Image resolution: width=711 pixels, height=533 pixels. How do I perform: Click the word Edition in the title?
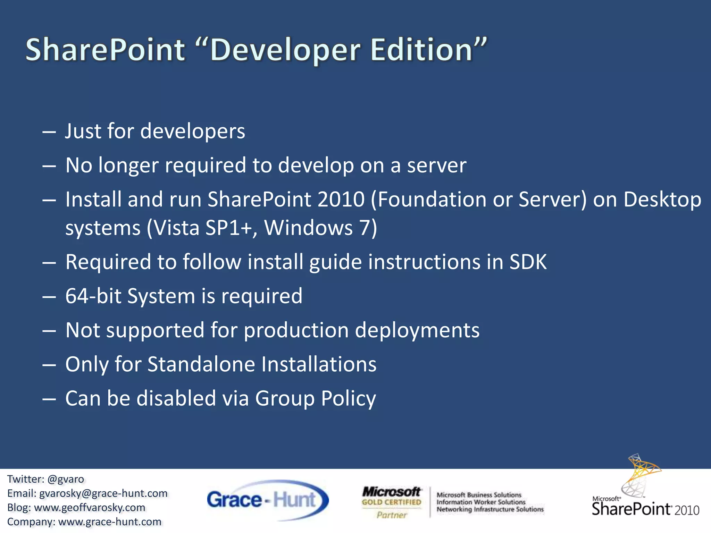pos(422,50)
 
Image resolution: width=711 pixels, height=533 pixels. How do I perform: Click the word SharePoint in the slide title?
pos(105,50)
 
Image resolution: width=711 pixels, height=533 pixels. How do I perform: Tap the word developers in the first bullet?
pos(193,132)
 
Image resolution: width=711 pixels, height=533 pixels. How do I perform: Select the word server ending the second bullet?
pos(437,166)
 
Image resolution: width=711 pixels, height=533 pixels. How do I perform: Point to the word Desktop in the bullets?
pos(662,200)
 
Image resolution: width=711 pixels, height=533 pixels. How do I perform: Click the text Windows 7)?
pos(320,228)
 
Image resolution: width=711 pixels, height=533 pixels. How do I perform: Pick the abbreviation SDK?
pos(528,262)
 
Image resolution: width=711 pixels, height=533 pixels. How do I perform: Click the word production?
pos(296,330)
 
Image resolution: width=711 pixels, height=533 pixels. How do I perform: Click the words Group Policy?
pos(315,398)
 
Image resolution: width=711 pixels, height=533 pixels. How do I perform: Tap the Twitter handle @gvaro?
pos(66,479)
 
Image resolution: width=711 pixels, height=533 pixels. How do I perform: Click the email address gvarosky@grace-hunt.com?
pos(103,493)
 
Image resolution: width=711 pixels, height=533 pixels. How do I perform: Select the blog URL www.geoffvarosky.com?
pos(90,508)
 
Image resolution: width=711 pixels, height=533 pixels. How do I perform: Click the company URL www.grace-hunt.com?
pos(110,522)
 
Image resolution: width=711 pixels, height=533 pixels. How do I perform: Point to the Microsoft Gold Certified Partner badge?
pos(392,502)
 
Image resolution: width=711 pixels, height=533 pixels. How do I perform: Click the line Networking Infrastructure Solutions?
pos(490,509)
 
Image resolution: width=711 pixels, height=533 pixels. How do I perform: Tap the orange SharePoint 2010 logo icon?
pos(642,474)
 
